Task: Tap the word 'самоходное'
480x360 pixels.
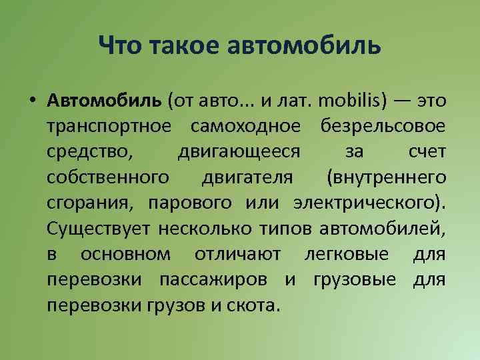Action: [x=244, y=126]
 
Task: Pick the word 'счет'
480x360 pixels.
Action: [x=427, y=151]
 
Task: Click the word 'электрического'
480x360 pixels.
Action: [x=367, y=203]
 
